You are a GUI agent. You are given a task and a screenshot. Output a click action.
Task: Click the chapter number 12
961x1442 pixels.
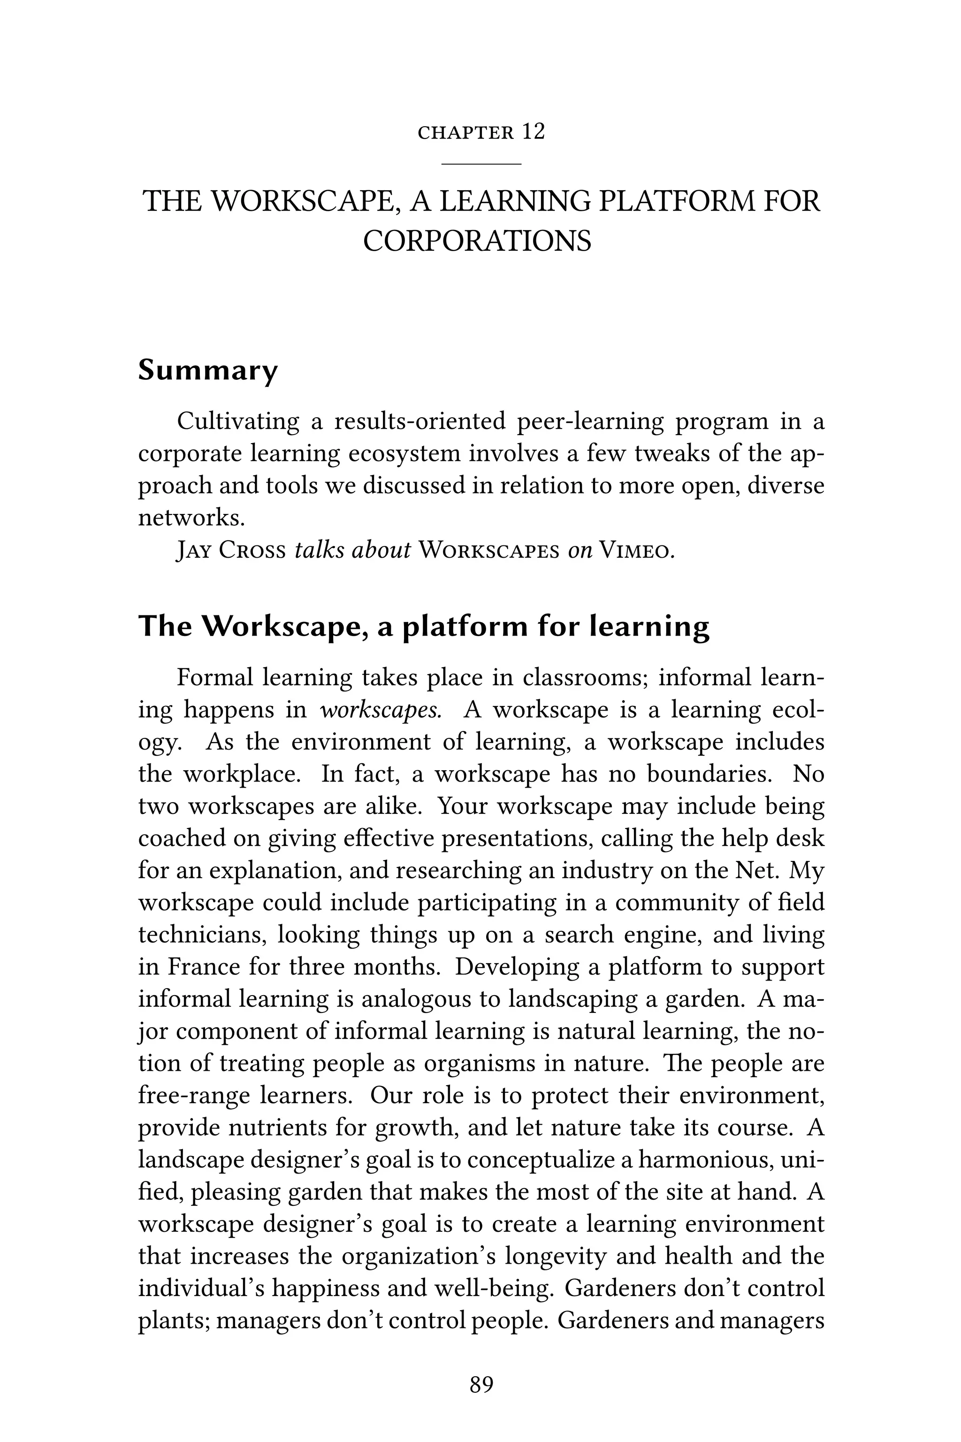533,132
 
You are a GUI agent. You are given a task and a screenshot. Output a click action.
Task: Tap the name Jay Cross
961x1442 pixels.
231,551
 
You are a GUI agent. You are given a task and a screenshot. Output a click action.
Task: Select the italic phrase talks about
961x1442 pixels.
352,551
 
